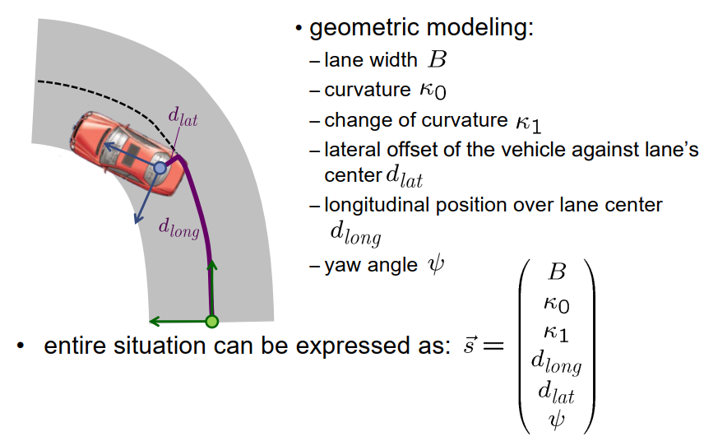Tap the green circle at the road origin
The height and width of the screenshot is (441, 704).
211,321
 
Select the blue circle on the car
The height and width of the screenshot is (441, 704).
160,169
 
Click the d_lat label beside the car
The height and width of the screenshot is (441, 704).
183,117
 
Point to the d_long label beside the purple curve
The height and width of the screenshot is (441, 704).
178,230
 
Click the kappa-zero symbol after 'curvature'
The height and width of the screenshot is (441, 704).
433,90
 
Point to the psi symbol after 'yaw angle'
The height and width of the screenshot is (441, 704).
435,265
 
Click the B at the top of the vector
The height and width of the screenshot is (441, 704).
557,272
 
